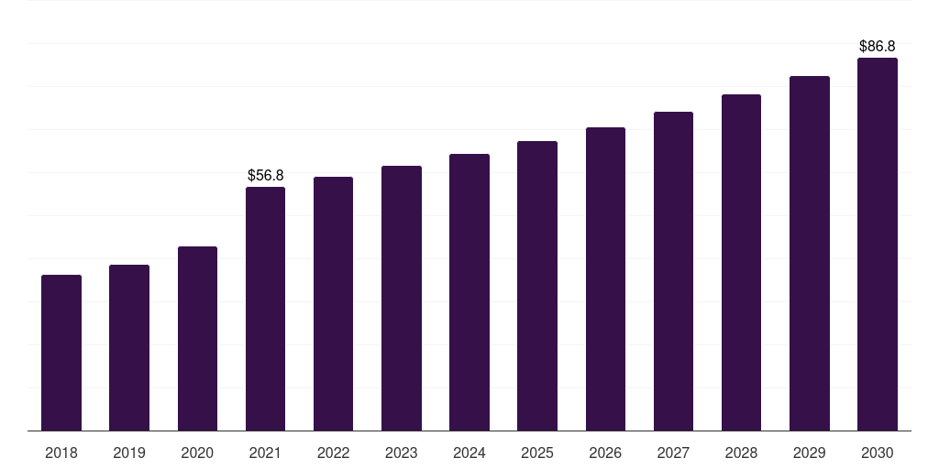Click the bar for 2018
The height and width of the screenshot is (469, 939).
pos(61,353)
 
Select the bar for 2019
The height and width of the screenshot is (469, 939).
pos(129,347)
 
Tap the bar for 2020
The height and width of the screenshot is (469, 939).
pos(198,339)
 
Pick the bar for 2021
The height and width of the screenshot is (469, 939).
pos(265,309)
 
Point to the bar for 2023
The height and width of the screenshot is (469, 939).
pos(402,299)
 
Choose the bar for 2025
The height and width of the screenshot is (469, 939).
pos(537,286)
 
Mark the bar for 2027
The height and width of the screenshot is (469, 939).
pos(673,271)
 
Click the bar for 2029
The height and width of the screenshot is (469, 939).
pos(810,254)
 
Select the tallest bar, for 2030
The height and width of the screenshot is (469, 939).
pos(878,244)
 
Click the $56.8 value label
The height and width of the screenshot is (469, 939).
pos(265,175)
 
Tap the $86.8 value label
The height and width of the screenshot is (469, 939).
pos(878,46)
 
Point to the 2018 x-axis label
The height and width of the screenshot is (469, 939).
pos(61,453)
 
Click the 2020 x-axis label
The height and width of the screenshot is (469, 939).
pos(197,453)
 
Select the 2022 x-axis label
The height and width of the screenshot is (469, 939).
pos(333,453)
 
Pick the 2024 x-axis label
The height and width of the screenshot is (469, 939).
pos(469,453)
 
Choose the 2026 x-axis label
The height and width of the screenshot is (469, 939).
pos(605,453)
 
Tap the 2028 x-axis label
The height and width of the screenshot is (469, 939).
pos(741,453)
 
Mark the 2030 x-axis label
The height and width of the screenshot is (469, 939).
pos(878,453)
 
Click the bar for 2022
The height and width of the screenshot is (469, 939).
pos(333,304)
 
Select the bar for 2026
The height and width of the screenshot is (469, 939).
pos(605,278)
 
